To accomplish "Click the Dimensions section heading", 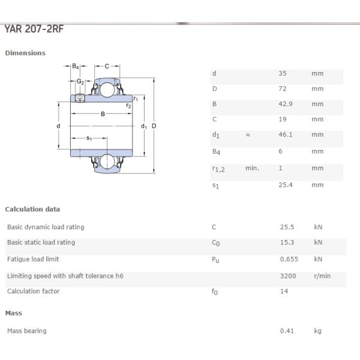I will (x=25, y=53).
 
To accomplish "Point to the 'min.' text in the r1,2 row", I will (x=252, y=168).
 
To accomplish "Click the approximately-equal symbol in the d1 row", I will (x=248, y=136).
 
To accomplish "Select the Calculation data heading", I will (x=32, y=209).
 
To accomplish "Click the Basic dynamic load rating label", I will (x=46, y=227).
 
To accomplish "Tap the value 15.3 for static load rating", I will (x=287, y=242).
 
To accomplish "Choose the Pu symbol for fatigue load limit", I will (x=215, y=260).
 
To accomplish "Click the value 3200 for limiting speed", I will (x=289, y=275).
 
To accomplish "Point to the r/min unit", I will (x=322, y=275).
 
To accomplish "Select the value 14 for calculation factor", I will (x=284, y=292).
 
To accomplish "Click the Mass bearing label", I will (x=26, y=331).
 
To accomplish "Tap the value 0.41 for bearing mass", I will (x=286, y=331).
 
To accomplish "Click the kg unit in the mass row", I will (x=317, y=331).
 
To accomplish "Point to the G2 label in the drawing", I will (x=79, y=81).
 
